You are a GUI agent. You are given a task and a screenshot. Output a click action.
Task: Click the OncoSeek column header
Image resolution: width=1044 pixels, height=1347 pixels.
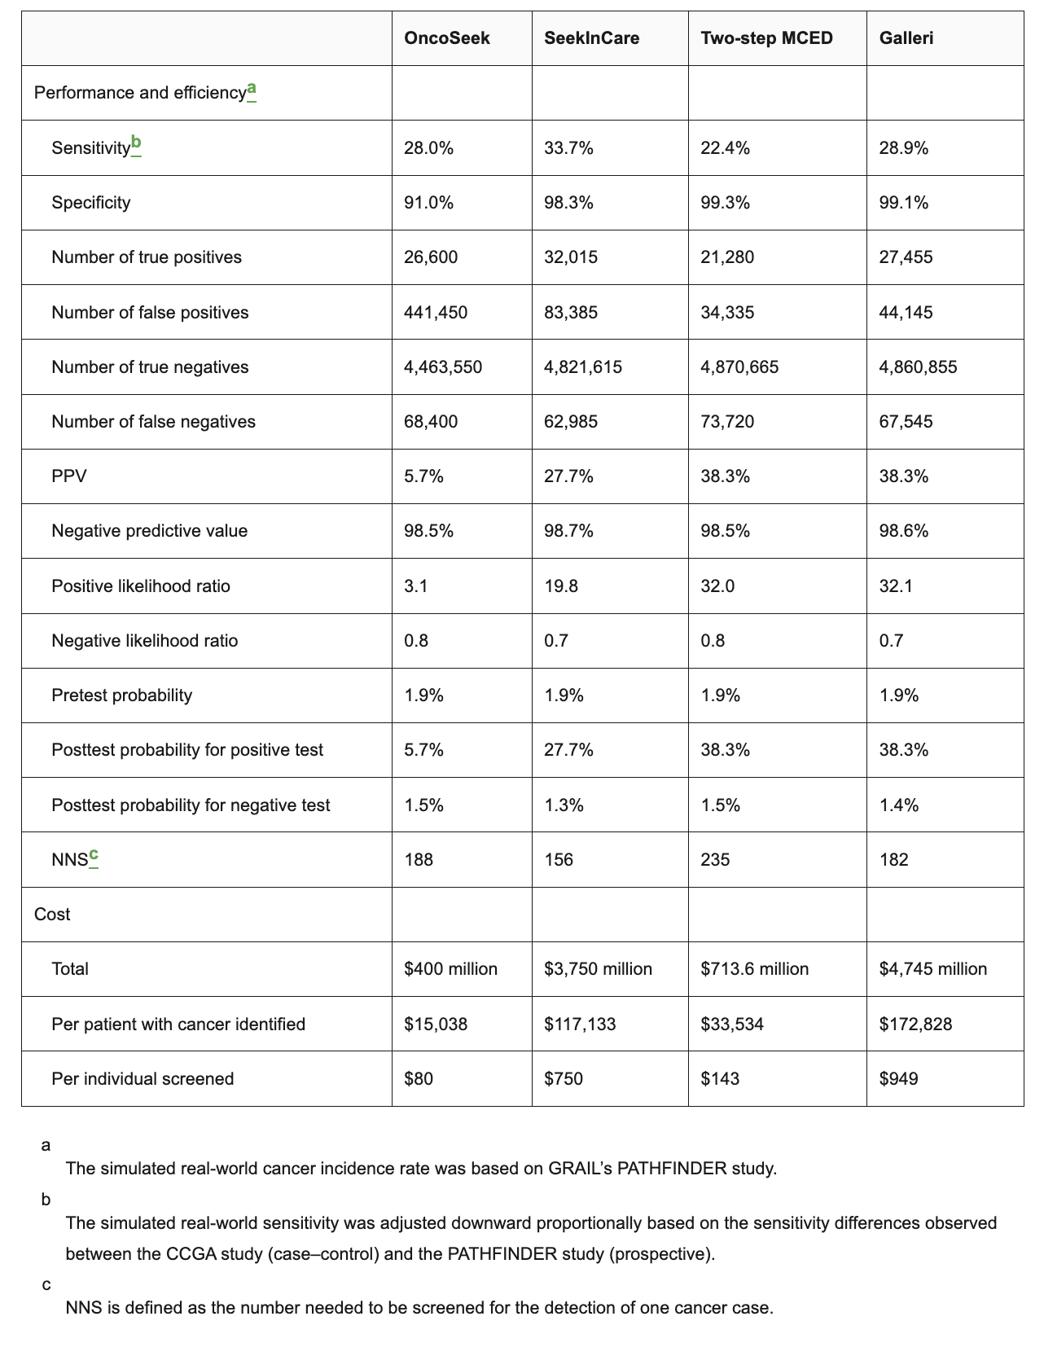pyautogui.click(x=447, y=38)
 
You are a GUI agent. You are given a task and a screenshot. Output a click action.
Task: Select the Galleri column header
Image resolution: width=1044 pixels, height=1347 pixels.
pyautogui.click(x=906, y=38)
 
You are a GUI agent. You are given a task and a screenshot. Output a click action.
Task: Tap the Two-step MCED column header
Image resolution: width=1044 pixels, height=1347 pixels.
pyautogui.click(x=766, y=38)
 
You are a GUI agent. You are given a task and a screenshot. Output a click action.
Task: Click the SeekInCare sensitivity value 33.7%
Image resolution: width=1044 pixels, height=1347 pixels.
pyautogui.click(x=568, y=147)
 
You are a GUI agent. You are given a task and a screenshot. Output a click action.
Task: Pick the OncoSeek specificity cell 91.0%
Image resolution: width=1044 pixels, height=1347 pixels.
pyautogui.click(x=428, y=202)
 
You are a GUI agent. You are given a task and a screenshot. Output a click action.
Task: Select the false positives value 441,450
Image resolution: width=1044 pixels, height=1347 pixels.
pyautogui.click(x=436, y=312)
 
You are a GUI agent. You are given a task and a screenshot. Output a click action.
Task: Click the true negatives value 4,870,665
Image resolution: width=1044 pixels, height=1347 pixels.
pyautogui.click(x=739, y=366)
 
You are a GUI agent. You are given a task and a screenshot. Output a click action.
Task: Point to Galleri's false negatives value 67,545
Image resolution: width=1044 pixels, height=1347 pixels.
pyautogui.click(x=906, y=421)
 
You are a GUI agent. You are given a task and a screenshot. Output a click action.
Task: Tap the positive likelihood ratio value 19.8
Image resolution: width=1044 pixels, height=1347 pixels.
pyautogui.click(x=561, y=586)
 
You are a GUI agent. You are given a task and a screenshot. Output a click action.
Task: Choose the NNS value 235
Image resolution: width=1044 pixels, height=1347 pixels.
pyautogui.click(x=715, y=859)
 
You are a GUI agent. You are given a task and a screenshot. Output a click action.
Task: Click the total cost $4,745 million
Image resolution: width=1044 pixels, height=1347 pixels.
pyautogui.click(x=932, y=968)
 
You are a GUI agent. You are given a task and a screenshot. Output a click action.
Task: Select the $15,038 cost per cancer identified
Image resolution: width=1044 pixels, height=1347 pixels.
pyautogui.click(x=436, y=1024)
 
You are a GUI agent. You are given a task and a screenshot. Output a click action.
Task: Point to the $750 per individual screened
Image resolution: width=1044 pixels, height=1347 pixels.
pyautogui.click(x=561, y=1078)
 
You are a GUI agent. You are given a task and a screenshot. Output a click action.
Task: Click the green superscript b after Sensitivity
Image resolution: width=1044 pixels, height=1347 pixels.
pyautogui.click(x=136, y=144)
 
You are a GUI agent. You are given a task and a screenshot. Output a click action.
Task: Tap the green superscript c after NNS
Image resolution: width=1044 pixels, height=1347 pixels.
pyautogui.click(x=94, y=855)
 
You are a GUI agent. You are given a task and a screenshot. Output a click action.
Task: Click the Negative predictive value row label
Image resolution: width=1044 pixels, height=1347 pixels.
pyautogui.click(x=149, y=531)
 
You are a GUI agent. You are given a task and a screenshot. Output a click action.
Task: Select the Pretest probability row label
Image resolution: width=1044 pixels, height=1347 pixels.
pyautogui.click(x=121, y=695)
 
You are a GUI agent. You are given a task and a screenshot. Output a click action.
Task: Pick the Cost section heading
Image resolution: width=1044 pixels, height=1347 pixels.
pyautogui.click(x=52, y=914)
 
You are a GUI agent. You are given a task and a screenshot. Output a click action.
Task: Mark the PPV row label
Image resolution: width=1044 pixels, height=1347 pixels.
pyautogui.click(x=68, y=476)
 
